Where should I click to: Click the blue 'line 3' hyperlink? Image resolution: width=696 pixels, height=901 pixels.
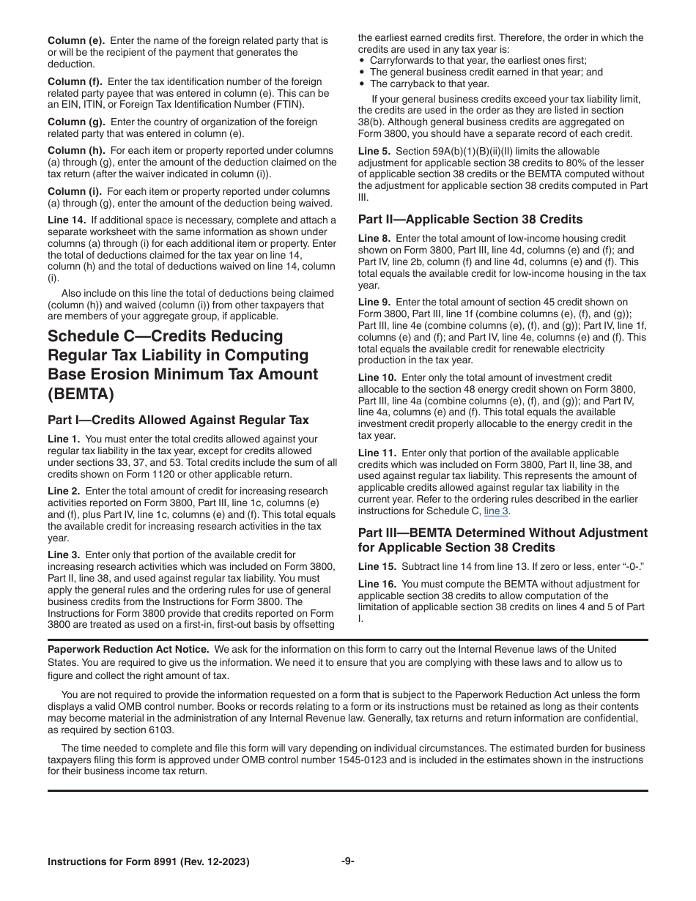496,511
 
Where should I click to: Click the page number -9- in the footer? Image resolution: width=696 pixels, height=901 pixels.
348,861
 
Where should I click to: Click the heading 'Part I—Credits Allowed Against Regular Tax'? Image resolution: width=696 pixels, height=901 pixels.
178,420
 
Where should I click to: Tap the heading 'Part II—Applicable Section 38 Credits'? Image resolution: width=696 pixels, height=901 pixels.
470,219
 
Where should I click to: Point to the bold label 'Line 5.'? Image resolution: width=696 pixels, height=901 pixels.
374,151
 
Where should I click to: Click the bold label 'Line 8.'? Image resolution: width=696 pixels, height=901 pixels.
374,238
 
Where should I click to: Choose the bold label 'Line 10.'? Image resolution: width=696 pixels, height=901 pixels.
377,377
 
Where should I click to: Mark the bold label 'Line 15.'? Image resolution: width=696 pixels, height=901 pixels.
377,566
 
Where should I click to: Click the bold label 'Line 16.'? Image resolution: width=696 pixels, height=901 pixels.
377,584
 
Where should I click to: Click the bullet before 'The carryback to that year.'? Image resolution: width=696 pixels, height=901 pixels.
362,84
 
